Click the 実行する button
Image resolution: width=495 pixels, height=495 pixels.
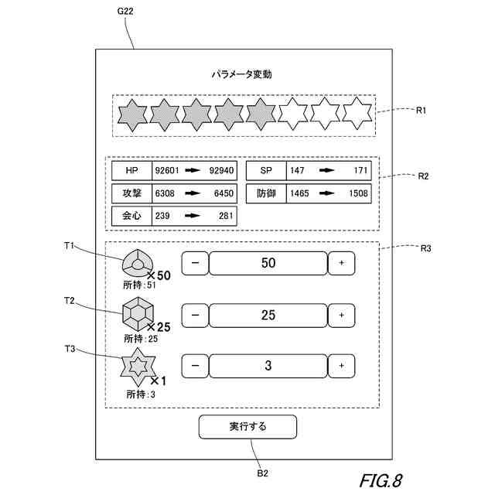tap(247, 427)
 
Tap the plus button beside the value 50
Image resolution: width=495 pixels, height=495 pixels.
tap(341, 263)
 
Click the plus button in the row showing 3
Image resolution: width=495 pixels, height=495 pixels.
tap(341, 365)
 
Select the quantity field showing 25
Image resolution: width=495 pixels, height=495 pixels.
tap(268, 315)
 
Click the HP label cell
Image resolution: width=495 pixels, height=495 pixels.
tap(131, 170)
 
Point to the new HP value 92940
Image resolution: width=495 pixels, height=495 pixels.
tap(221, 170)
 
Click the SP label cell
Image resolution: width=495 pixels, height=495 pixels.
tap(265, 170)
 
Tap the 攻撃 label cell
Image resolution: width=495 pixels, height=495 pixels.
tap(131, 193)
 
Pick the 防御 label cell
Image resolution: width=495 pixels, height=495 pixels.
tap(265, 193)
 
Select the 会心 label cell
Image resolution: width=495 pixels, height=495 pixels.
tap(131, 216)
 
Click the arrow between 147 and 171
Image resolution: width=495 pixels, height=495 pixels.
tap(327, 170)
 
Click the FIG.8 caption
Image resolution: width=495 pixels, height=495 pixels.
tap(380, 480)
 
